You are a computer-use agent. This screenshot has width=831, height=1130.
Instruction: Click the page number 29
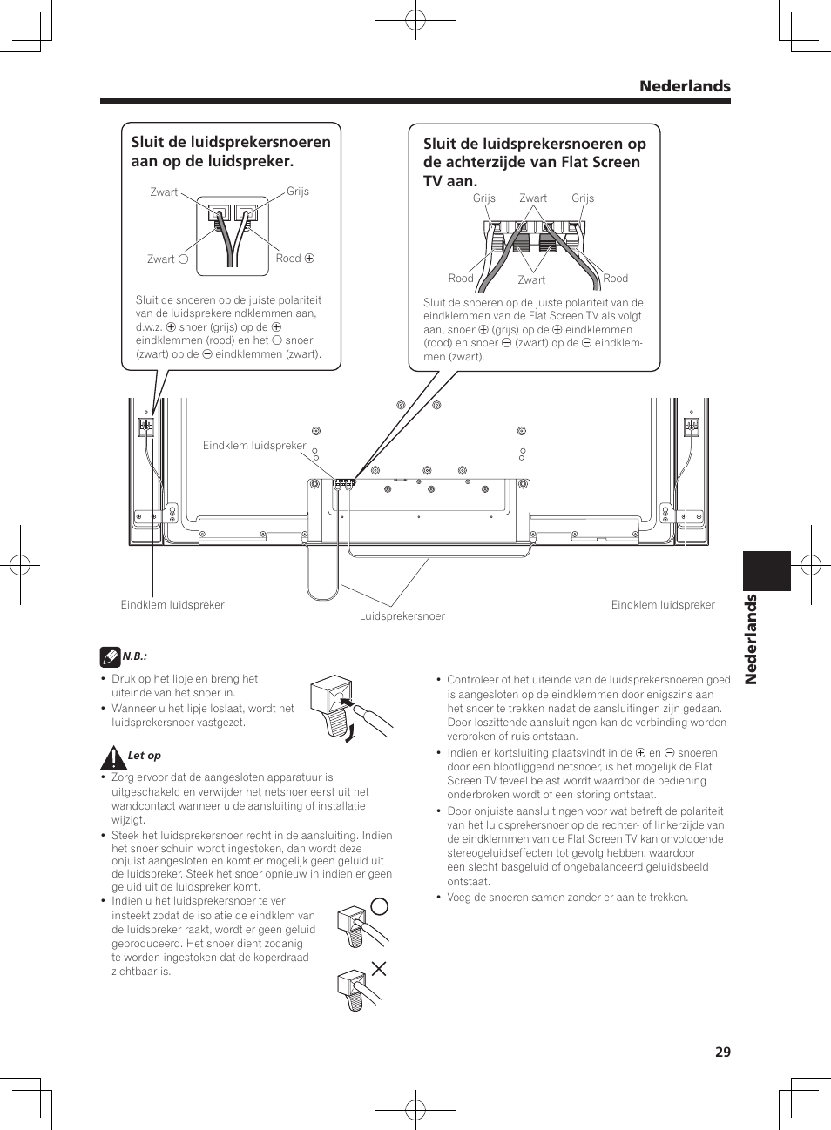722,1052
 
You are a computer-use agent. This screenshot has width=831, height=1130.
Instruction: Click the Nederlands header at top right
685,86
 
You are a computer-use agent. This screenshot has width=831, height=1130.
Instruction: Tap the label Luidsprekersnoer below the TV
402,616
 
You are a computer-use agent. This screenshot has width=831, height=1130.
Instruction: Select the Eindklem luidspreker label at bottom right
663,605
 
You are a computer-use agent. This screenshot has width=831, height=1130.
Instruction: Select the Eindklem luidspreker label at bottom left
172,605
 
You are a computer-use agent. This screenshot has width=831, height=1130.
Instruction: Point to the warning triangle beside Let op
112,757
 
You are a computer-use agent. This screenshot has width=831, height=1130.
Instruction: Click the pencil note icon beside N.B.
110,656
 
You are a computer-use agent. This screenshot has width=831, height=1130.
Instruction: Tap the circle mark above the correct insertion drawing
379,905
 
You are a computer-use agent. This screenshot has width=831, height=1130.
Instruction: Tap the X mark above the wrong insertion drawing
379,968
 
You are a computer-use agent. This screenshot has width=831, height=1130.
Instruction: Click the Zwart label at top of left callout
164,192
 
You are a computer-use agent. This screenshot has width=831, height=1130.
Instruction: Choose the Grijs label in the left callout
298,192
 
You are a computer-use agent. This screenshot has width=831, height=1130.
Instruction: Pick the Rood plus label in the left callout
294,259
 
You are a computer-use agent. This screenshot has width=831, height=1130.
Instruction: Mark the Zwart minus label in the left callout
167,259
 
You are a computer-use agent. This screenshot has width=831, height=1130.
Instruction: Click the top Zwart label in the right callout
533,198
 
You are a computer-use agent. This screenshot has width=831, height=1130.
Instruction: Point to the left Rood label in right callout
461,279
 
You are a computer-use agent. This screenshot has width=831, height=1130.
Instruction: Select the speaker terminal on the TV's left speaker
145,427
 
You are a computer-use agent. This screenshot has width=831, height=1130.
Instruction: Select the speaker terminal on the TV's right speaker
692,426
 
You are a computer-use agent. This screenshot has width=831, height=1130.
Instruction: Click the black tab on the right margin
767,571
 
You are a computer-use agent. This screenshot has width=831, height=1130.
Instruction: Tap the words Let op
145,757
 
